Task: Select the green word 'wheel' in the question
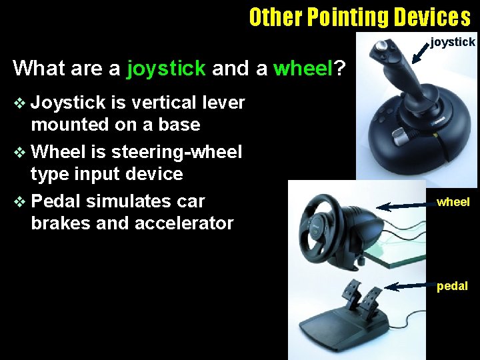303,68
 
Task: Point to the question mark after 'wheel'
339,68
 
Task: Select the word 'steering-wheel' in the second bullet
177,152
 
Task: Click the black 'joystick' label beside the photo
453,42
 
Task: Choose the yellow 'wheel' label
453,201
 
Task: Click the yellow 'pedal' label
452,286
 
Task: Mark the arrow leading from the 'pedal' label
409,287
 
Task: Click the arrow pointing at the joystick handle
419,54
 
